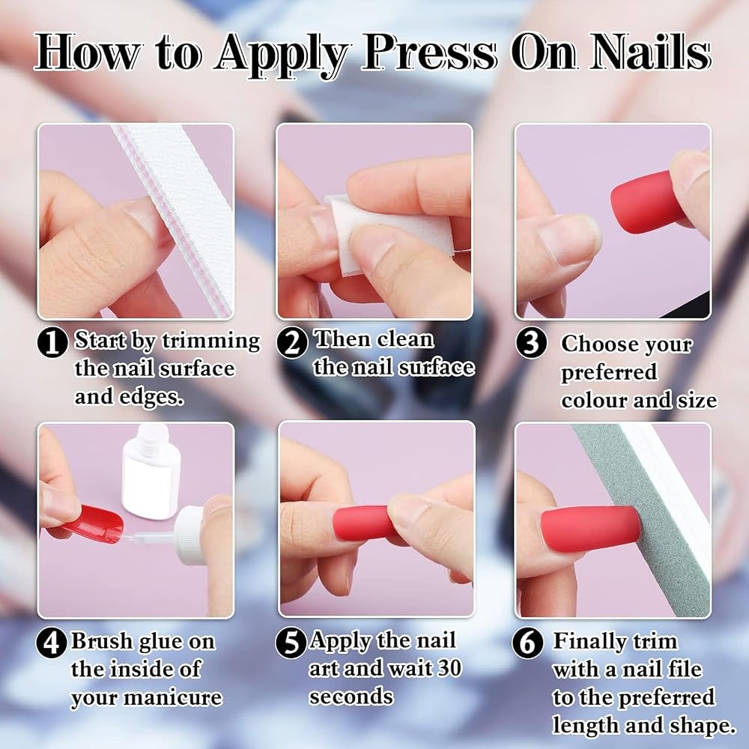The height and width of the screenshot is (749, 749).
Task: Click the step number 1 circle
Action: (52, 342)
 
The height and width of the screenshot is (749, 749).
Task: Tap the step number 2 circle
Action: (291, 342)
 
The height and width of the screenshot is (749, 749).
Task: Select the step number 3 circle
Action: (531, 342)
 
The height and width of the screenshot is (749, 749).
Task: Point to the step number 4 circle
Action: (51, 643)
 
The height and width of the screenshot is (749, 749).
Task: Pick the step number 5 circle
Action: (291, 643)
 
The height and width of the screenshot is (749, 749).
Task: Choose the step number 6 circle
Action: (527, 643)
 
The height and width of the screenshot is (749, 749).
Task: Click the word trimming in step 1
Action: (211, 341)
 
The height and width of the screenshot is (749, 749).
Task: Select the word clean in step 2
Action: (405, 339)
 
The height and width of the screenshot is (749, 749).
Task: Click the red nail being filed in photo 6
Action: (590, 530)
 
